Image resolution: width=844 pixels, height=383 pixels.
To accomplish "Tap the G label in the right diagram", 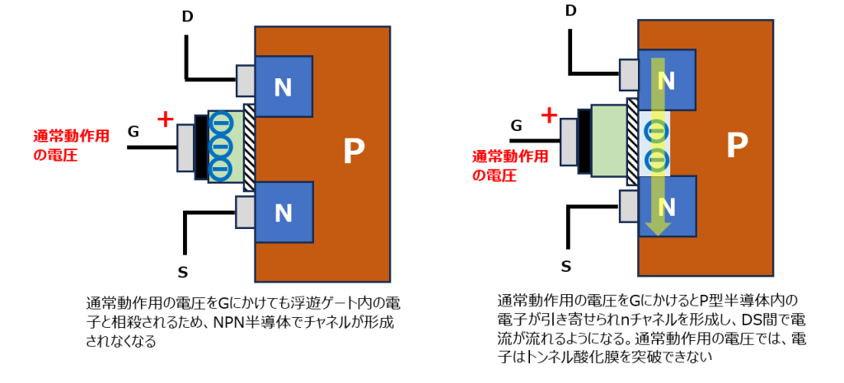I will (517, 125).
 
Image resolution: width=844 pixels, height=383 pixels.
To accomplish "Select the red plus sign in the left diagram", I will (165, 119).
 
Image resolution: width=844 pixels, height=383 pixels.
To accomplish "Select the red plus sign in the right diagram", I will (548, 115).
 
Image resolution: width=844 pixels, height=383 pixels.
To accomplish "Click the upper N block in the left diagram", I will (284, 86).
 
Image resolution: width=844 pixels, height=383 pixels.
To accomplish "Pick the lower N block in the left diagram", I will (284, 213).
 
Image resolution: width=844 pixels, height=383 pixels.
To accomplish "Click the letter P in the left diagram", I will (353, 151).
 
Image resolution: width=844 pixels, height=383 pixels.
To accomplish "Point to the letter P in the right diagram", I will (736, 145).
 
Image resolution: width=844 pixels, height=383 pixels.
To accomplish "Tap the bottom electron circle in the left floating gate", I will (220, 169).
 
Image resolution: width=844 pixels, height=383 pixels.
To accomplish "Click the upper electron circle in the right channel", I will (656, 130).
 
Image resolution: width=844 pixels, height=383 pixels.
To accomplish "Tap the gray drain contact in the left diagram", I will (246, 80).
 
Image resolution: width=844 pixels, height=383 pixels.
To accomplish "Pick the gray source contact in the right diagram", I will (628, 205).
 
